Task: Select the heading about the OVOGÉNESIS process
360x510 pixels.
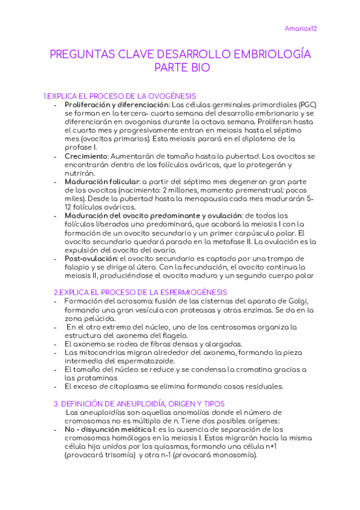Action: (x=120, y=96)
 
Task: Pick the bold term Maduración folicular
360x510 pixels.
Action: (x=102, y=181)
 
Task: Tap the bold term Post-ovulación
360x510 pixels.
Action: (x=91, y=258)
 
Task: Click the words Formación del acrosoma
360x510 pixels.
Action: (x=101, y=301)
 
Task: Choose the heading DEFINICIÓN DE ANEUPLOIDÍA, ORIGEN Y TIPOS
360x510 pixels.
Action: (x=139, y=404)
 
